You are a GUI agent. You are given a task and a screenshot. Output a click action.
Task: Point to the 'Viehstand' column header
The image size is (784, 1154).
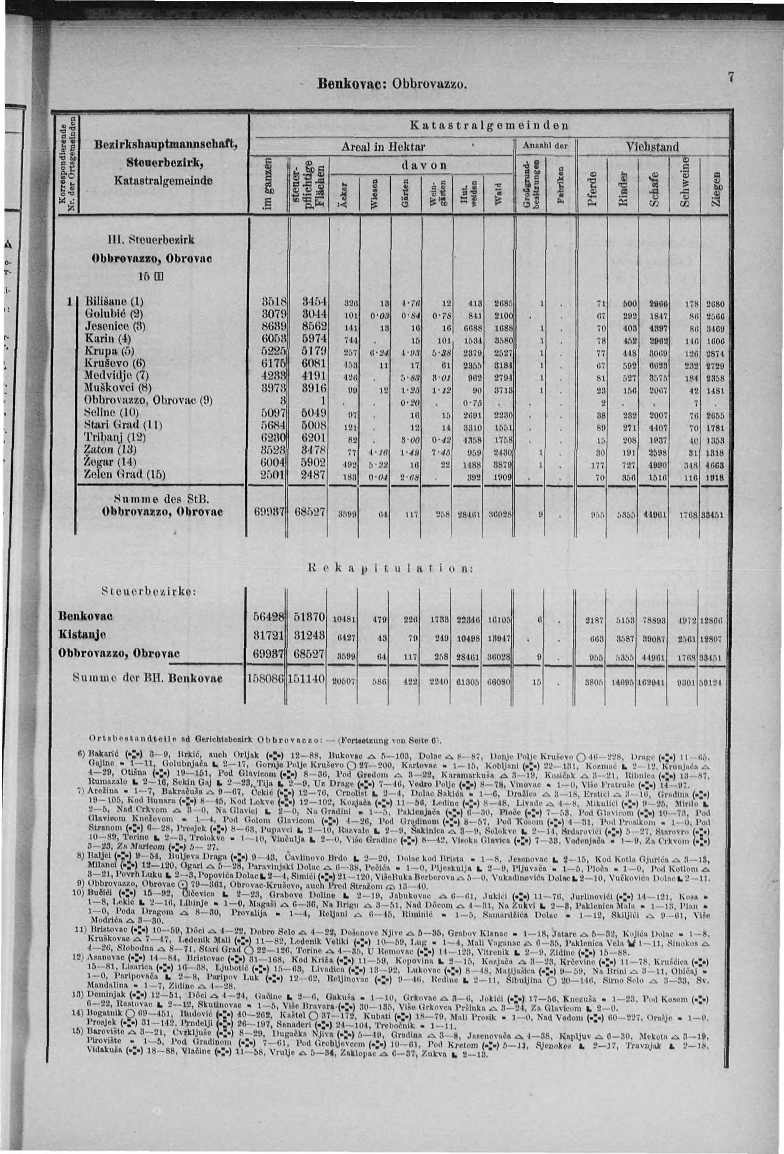pyautogui.click(x=654, y=147)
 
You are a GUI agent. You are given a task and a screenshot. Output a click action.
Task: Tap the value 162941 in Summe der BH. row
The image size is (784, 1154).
pyautogui.click(x=653, y=679)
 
